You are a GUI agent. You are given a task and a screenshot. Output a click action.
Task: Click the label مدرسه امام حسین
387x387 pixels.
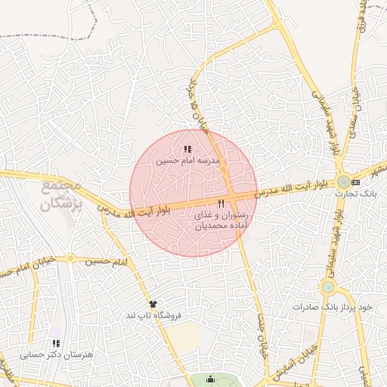pyautogui.click(x=187, y=161)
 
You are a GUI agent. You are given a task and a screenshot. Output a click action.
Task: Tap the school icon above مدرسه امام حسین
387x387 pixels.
pyautogui.click(x=187, y=150)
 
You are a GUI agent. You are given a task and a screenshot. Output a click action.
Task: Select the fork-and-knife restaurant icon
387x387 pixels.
pyautogui.click(x=221, y=204)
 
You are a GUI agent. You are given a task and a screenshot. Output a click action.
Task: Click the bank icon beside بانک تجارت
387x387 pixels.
pyautogui.click(x=356, y=182)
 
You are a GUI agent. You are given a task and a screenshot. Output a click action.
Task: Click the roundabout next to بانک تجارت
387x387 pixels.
pyautogui.click(x=344, y=181)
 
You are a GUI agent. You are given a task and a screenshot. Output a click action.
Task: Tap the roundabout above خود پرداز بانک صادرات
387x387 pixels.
pyautogui.click(x=327, y=287)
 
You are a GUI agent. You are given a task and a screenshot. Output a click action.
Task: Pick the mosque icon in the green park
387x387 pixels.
pyautogui.click(x=210, y=379)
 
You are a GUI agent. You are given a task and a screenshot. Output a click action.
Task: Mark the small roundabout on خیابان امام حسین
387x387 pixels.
pyautogui.click(x=71, y=259)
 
